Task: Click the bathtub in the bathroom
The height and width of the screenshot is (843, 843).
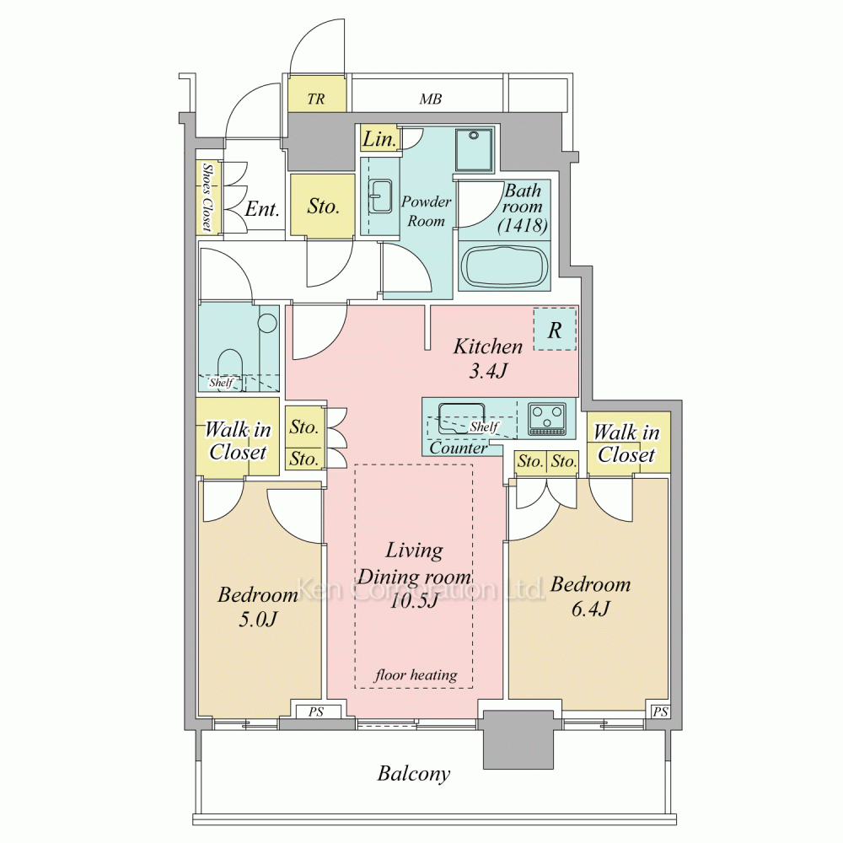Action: pos(504,266)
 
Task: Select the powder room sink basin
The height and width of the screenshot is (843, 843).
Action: pos(381,196)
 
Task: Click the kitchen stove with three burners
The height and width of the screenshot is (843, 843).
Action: pos(547,418)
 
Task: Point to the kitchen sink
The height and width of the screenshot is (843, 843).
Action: pos(462,418)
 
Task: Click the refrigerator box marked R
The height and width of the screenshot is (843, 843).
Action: pos(555,330)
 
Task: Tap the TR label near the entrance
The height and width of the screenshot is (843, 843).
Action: pos(316,99)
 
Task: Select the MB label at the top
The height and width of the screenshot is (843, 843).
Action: pos(431,99)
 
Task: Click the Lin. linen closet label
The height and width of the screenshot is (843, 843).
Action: pos(379,139)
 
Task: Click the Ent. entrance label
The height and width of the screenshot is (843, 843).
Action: pos(262,208)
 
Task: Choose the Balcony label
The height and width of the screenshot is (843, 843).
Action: pos(413,774)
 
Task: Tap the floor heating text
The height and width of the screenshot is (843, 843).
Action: pos(416,674)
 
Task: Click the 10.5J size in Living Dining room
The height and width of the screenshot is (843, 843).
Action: pos(414,600)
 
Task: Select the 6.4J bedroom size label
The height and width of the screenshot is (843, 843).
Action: pos(590,609)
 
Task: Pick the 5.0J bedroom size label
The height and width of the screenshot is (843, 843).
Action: pos(257,620)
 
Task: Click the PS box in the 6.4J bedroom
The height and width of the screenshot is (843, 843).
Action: pos(660,711)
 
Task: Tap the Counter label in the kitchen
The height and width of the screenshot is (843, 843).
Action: pos(458,448)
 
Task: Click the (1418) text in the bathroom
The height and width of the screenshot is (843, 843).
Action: pos(523,225)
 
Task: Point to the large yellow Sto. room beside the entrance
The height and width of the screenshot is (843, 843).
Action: pos(323,205)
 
